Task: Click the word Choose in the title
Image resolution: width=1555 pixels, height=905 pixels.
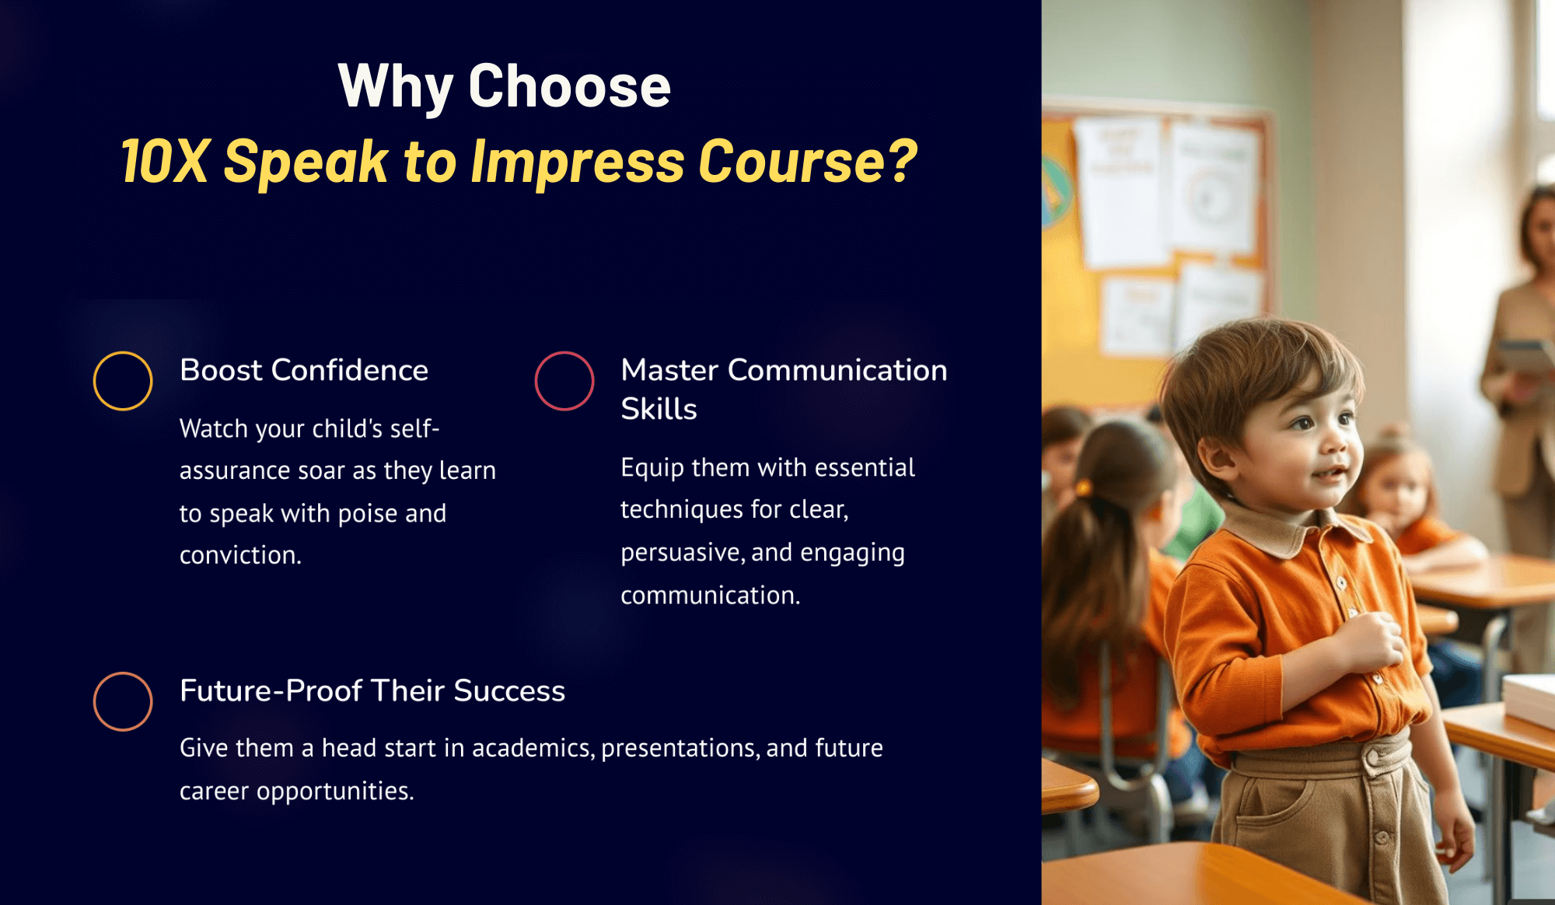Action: point(569,86)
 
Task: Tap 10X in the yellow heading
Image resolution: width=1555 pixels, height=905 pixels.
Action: point(165,162)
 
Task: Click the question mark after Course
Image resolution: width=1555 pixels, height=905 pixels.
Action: point(902,161)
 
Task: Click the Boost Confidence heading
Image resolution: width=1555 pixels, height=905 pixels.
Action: point(304,370)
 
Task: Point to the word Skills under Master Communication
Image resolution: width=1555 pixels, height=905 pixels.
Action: point(659,409)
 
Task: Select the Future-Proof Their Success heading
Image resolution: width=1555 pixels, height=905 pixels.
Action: point(372,690)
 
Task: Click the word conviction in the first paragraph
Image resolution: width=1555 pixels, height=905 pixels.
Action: point(240,555)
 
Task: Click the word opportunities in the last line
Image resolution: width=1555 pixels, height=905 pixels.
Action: point(335,791)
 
